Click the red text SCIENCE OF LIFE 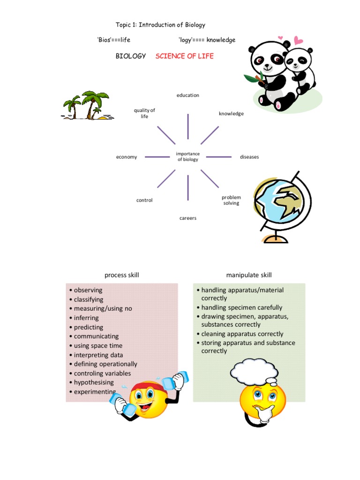coord(184,56)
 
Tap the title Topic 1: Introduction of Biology coord(160,25)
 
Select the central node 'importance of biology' coord(187,157)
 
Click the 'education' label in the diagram coord(187,95)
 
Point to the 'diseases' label coord(249,157)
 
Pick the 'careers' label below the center coord(187,218)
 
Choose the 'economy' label coord(127,157)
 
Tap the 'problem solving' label coord(231,200)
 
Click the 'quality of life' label coord(144,113)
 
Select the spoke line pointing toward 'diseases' coord(218,157)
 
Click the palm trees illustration coord(87,105)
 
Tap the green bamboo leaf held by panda coord(254,78)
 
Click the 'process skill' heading coord(122,275)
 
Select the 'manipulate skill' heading coord(249,275)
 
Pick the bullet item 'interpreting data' coord(98,355)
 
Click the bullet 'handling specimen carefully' coord(242,307)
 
